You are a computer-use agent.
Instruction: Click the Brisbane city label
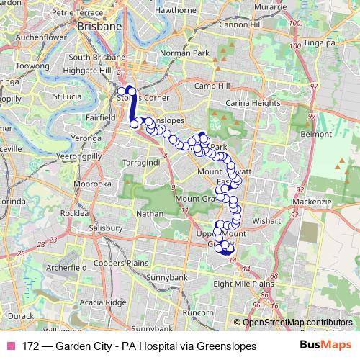[x=99, y=26]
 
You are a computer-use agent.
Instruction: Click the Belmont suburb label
[x=317, y=135]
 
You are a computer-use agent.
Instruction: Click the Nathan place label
[x=150, y=214]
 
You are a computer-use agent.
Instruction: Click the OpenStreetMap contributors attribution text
[x=297, y=323]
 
